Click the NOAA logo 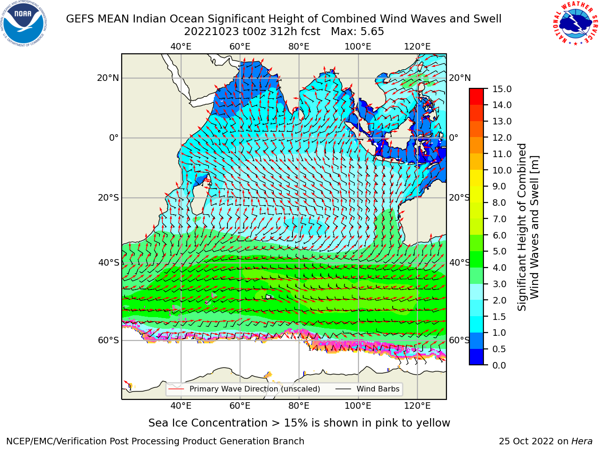(24, 24)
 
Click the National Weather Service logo (575, 23)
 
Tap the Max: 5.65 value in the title (357, 32)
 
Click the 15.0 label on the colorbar (502, 89)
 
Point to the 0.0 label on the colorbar (499, 365)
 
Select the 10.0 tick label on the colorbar (502, 170)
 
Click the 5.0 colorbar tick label (499, 251)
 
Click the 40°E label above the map (181, 47)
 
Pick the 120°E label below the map (417, 406)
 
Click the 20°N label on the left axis (108, 78)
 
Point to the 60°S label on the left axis (109, 340)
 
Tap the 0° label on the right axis (453, 138)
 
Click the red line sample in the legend (176, 389)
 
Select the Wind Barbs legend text (378, 389)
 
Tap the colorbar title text (528, 227)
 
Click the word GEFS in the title (80, 19)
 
